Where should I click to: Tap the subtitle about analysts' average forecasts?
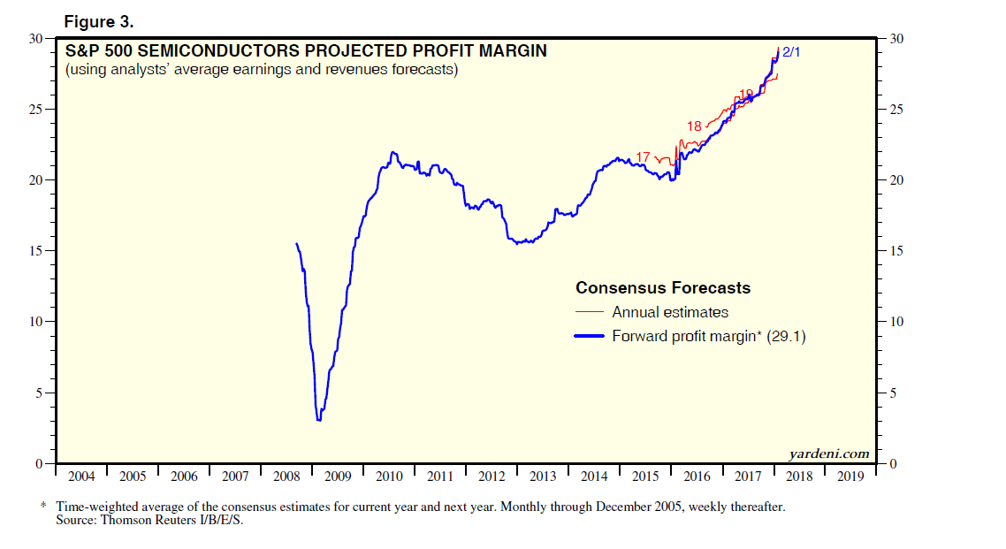click(261, 70)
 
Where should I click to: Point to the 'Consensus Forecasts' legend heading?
click(663, 288)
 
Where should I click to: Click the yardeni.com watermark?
click(828, 454)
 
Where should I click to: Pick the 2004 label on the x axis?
click(80, 477)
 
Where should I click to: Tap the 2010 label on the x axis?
click(389, 477)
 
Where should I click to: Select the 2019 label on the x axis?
click(850, 477)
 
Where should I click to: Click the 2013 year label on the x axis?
click(543, 477)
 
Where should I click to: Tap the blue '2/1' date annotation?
click(791, 53)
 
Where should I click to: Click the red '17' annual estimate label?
click(643, 157)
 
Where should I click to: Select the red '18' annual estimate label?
click(694, 126)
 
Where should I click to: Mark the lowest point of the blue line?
click(318, 419)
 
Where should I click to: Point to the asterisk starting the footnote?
click(43, 507)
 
